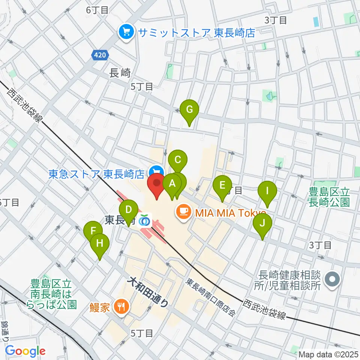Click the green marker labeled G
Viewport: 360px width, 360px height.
pos(189,110)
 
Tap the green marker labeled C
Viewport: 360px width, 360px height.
pos(178,160)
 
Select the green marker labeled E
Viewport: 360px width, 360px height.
pos(222,185)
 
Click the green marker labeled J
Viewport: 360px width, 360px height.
pos(262,223)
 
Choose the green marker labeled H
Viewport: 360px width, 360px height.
pos(100,243)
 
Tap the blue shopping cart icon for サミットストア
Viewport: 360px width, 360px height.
pos(126,33)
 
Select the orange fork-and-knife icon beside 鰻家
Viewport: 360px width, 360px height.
pos(120,307)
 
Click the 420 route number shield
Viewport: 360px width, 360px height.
pos(100,55)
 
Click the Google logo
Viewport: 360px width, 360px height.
pos(25,351)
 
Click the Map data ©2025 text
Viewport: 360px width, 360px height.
pos(328,354)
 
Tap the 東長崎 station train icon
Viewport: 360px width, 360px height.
pos(144,220)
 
